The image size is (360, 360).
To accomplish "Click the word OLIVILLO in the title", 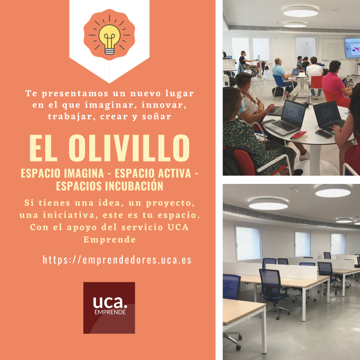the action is coord(129,148).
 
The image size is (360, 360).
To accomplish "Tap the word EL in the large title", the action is coord(43,148).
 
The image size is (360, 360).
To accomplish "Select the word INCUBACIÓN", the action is coord(134,186).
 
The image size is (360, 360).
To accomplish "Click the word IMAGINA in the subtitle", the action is coord(84,173).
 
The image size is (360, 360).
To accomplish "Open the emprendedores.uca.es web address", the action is coord(117,260).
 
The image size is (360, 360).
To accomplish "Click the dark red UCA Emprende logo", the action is coord(109,308).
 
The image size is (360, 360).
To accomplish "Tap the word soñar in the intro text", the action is coord(156,116).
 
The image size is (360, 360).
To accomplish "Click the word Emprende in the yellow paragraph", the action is coord(110,240).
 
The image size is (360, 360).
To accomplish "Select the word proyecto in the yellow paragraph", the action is coord(171,203).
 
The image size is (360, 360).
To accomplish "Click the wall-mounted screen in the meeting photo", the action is coord(352,48).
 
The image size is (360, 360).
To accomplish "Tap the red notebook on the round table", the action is coord(299,136).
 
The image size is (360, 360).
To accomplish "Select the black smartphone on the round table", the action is coord(324,134).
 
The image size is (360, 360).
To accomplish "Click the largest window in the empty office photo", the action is coord(248,244).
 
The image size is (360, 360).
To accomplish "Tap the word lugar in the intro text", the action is coord(180,94).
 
